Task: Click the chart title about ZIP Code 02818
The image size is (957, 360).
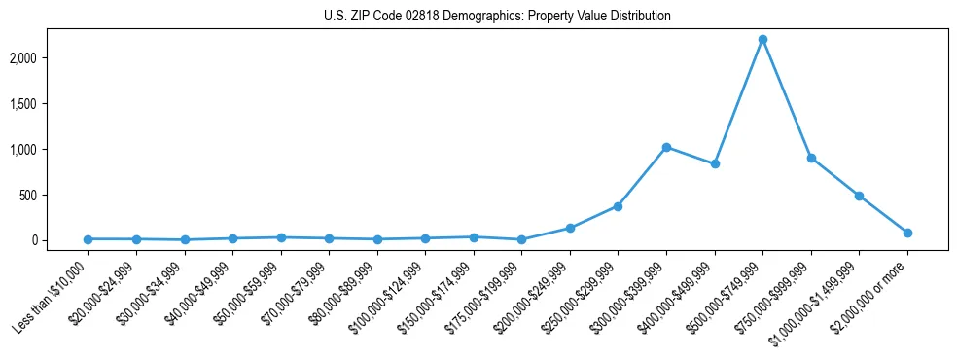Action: [497, 17]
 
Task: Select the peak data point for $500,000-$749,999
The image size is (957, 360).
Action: [762, 39]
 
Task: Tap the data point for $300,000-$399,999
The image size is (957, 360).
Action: [666, 147]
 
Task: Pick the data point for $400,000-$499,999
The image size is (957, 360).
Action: [715, 163]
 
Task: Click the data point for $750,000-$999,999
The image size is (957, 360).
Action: [811, 158]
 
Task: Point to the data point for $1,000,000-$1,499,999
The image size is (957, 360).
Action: [859, 196]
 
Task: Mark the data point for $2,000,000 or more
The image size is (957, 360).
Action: [907, 233]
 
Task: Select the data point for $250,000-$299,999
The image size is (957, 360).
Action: [618, 206]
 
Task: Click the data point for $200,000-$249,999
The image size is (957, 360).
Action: [570, 228]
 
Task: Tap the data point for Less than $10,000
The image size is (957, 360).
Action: [88, 239]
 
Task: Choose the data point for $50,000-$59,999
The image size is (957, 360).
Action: [281, 237]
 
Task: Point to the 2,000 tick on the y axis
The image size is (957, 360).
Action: [51, 58]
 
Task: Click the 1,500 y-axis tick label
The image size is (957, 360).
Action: [51, 104]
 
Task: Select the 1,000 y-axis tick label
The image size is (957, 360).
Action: [51, 149]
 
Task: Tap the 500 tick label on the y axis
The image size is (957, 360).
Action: [55, 195]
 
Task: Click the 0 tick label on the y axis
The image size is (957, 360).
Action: [60, 240]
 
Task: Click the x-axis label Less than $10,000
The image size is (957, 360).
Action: [52, 298]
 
